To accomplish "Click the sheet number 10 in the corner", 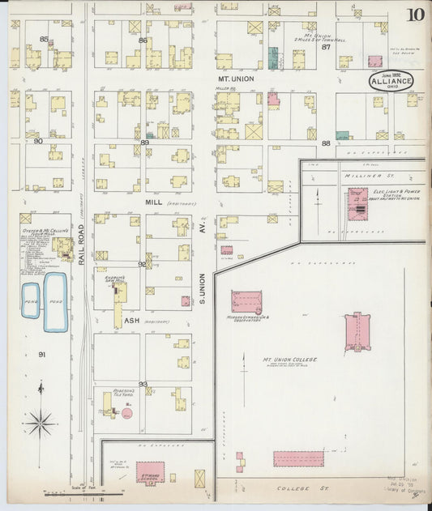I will [x=415, y=15].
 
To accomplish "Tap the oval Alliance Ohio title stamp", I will [x=390, y=80].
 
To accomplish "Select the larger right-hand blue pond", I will [x=55, y=301].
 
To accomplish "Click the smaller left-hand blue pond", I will [x=30, y=300].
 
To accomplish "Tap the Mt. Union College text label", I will [x=289, y=359].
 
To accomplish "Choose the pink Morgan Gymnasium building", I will [x=246, y=301].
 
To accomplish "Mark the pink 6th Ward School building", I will [x=149, y=471].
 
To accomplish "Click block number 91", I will [x=41, y=354].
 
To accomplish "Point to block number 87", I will [x=327, y=47].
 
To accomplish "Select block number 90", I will [x=37, y=141].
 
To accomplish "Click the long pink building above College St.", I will [x=297, y=458].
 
